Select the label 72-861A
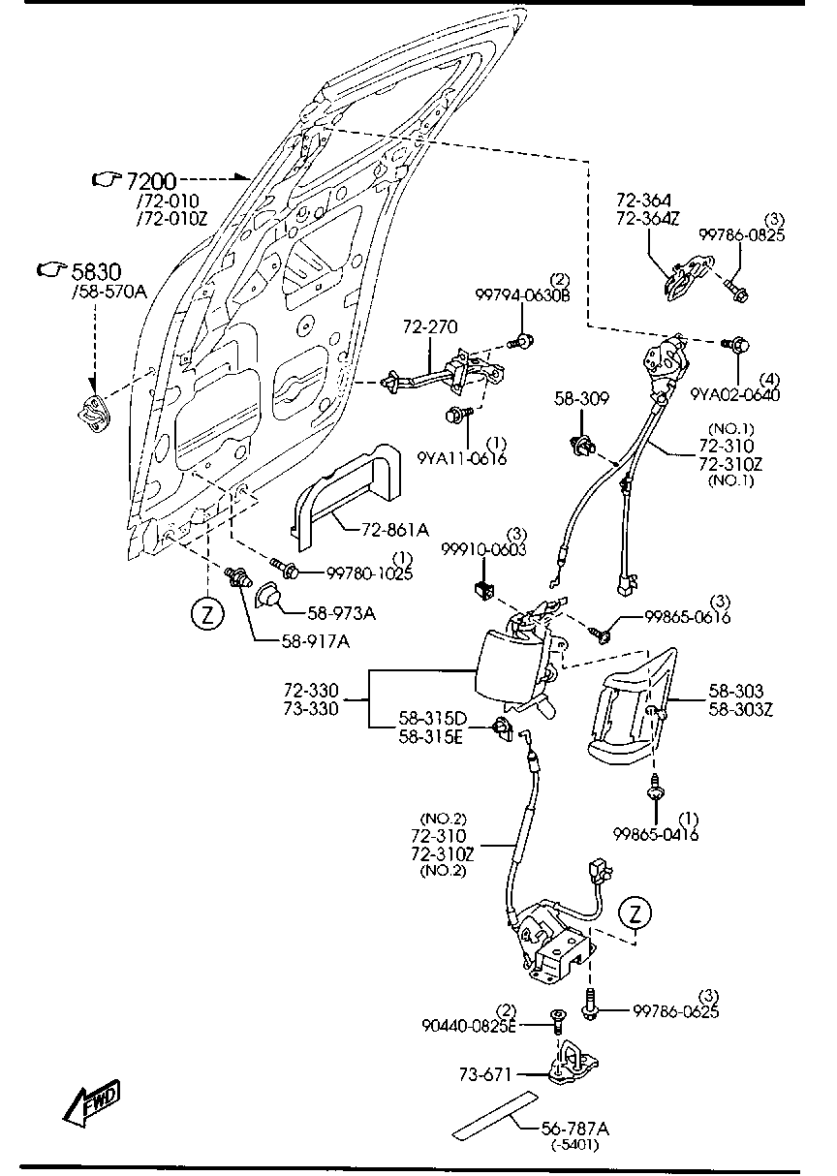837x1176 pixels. coord(394,530)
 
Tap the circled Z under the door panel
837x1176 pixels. coord(206,613)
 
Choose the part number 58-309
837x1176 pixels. coord(579,397)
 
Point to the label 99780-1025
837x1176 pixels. coord(362,573)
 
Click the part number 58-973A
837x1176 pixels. coord(342,612)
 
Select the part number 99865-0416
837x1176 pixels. coord(656,834)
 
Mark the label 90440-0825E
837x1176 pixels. coord(468,1026)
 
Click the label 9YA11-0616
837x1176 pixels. coord(462,459)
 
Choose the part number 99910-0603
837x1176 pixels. coord(483,549)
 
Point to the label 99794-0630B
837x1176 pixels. coord(522,294)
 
